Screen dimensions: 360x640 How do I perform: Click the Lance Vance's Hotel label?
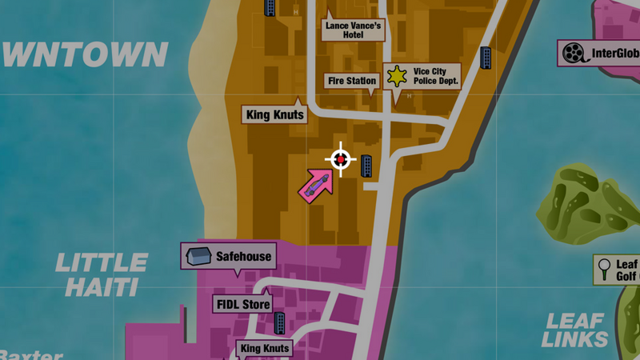(354, 30)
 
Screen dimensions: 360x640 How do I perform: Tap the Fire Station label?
(351, 81)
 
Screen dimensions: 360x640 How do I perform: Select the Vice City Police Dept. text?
(434, 77)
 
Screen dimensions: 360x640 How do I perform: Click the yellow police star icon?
(397, 76)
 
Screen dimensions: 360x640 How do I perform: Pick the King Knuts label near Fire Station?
(274, 115)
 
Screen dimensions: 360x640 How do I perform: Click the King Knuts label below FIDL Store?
(265, 349)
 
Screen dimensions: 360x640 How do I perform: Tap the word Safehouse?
(243, 257)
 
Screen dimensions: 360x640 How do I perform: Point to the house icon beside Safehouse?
(198, 257)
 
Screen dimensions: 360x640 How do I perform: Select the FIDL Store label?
(242, 304)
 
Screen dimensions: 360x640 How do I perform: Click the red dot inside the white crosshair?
(341, 160)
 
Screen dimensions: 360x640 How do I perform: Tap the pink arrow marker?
(314, 186)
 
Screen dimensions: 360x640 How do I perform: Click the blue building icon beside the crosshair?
(366, 166)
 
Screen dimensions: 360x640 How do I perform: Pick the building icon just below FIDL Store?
(280, 323)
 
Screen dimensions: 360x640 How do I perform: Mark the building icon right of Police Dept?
(486, 58)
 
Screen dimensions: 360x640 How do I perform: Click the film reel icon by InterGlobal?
(573, 54)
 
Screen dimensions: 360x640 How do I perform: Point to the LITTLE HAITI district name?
(102, 274)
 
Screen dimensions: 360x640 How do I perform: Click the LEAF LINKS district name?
(576, 330)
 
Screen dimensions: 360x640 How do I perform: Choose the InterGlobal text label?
(614, 54)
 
